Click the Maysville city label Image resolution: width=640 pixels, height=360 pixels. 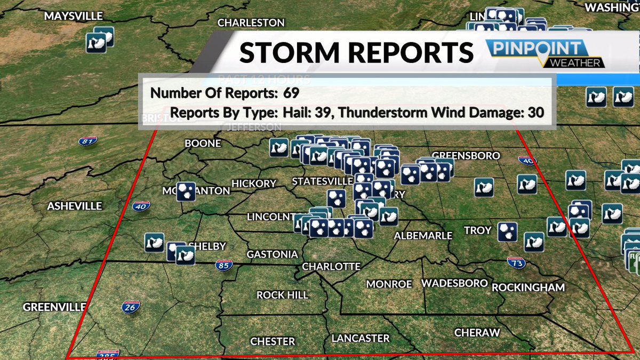(x=73, y=17)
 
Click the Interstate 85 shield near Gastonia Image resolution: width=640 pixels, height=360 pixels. (x=224, y=264)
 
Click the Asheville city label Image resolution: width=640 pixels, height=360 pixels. (x=74, y=206)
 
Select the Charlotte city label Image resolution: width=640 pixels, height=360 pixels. (x=331, y=266)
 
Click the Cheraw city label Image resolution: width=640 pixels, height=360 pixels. (x=477, y=333)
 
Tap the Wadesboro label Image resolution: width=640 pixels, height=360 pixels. (x=454, y=283)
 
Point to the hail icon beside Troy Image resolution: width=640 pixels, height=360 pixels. (x=507, y=231)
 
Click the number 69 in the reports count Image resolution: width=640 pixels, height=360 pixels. (x=291, y=93)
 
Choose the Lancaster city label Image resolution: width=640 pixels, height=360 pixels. (x=361, y=338)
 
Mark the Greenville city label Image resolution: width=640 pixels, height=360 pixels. (x=54, y=307)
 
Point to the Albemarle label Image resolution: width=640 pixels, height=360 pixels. (x=423, y=235)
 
